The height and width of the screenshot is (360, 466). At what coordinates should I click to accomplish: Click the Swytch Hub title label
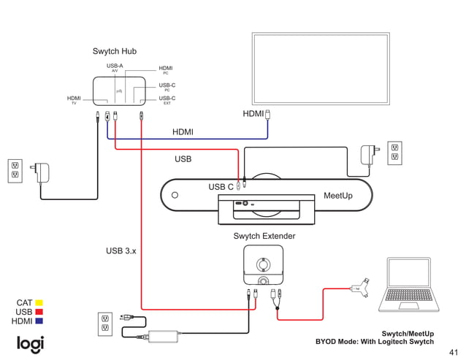coord(114,51)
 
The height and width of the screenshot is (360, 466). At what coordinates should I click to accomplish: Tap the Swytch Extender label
coord(264,236)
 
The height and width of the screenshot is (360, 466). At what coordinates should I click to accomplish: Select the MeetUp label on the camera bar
coord(337,196)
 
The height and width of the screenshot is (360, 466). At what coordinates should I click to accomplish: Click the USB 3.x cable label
coord(121,250)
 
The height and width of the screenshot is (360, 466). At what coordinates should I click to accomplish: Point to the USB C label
coord(221,187)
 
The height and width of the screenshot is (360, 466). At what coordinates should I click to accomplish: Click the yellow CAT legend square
coord(39,302)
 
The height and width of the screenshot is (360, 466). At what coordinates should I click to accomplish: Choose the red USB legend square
coord(39,312)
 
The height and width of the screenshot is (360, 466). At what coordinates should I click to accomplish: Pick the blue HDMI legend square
coord(39,321)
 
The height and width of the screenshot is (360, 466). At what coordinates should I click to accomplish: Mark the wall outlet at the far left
coord(14,170)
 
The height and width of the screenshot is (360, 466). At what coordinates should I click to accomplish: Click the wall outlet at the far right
coord(394,152)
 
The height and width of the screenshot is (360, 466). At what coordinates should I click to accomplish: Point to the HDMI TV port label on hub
coord(74,100)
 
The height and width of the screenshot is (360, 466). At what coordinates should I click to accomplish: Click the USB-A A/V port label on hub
coord(115,68)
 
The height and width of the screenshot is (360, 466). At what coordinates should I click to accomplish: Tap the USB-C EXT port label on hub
coord(167,100)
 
